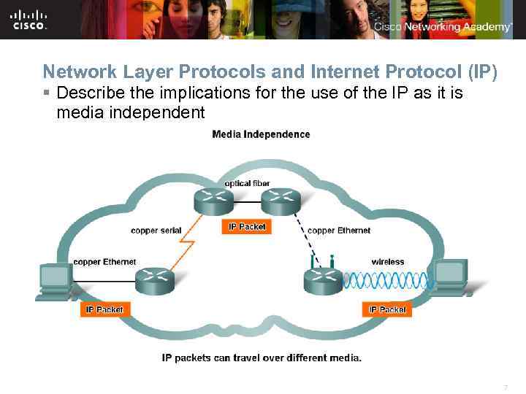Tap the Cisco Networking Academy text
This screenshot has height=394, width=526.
click(443, 27)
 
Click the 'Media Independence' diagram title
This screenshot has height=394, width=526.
click(261, 134)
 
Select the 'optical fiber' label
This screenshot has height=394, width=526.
click(247, 183)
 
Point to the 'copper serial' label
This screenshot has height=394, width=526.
click(156, 231)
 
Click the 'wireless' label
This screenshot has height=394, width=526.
click(387, 262)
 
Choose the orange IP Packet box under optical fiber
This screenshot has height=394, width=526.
click(247, 227)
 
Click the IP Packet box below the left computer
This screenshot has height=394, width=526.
click(105, 309)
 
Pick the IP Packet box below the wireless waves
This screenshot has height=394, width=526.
click(387, 309)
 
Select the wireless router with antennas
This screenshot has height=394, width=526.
click(322, 277)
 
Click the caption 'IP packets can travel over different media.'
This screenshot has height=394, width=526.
click(262, 358)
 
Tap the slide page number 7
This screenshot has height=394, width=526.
click(505, 387)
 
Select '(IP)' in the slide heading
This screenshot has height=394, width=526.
click(481, 72)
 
